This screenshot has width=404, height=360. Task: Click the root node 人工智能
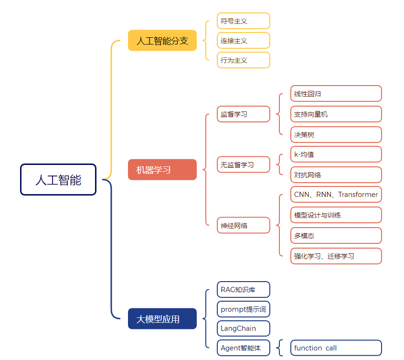click(58, 180)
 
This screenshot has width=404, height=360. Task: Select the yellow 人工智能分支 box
click(162, 41)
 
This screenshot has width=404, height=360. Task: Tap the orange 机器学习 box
click(162, 170)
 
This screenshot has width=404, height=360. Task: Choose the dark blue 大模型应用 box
click(162, 319)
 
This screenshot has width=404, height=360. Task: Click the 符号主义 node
click(244, 21)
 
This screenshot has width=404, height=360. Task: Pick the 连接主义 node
click(244, 41)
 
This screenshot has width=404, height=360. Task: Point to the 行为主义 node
click(244, 60)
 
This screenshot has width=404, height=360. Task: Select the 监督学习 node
click(244, 114)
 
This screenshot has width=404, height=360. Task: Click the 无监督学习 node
click(244, 164)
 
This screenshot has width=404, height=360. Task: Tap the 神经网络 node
click(244, 225)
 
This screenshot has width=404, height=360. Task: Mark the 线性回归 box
click(336, 94)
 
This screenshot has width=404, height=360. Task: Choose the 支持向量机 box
click(336, 114)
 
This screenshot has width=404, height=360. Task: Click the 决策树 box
click(336, 135)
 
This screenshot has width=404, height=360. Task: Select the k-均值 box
click(336, 154)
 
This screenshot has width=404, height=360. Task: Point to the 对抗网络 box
click(336, 175)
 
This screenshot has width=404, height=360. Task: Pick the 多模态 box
click(336, 236)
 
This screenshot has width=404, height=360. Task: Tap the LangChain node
click(244, 328)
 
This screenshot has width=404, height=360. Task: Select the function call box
click(336, 348)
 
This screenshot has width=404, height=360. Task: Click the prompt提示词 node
click(244, 309)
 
